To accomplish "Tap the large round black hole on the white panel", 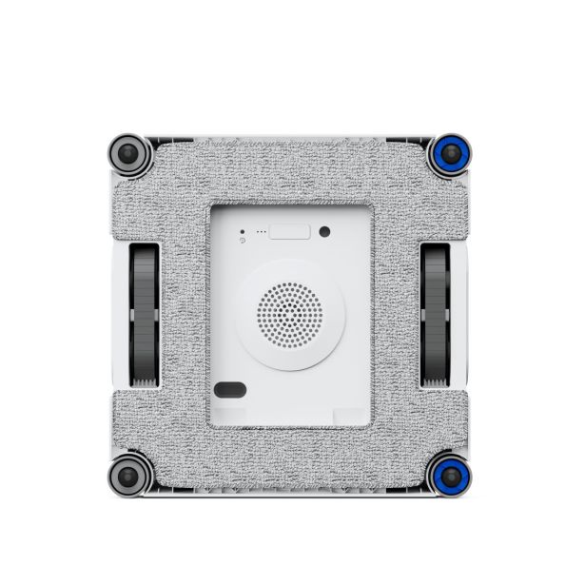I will (325, 231).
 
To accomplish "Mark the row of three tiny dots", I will (260, 233).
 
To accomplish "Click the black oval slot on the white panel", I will (229, 389).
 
